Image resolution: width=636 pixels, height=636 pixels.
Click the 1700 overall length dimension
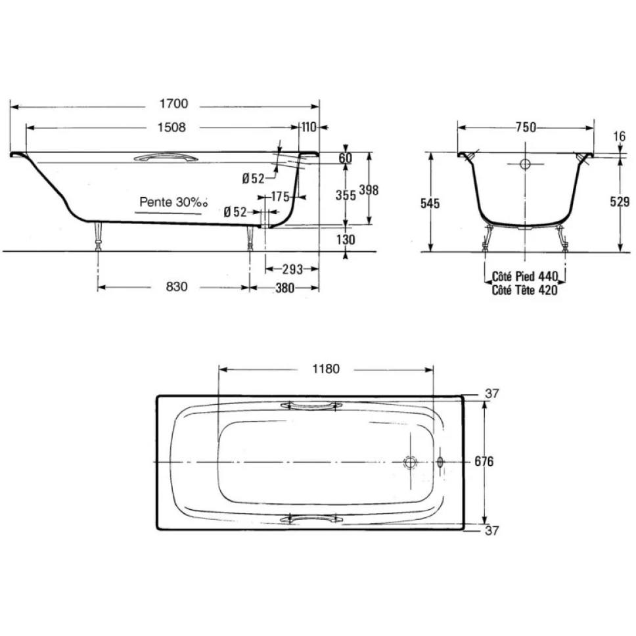173,104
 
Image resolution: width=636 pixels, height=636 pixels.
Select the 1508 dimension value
171,127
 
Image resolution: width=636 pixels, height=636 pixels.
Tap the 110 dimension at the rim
309,127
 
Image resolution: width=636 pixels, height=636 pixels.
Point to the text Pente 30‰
173,202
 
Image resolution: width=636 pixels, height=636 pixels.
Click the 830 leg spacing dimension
177,286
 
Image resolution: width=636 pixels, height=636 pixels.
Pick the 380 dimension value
284,288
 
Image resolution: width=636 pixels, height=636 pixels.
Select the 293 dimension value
292,269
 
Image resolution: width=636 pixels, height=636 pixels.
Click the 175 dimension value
281,197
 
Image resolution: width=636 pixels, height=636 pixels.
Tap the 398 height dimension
369,190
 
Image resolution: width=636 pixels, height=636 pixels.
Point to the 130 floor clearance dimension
346,240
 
